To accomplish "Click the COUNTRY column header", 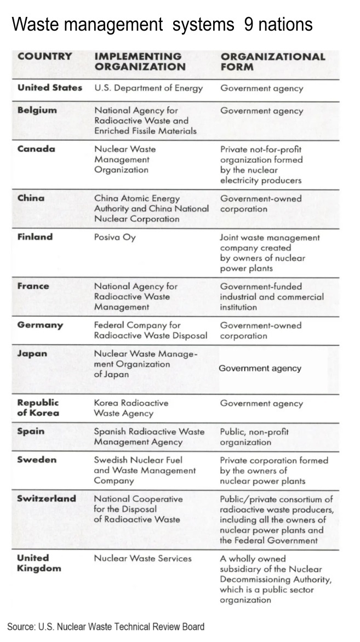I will (x=44, y=56).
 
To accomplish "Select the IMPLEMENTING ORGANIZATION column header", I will (x=140, y=61).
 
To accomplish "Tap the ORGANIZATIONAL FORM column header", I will (x=272, y=61).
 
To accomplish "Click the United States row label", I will (x=49, y=88).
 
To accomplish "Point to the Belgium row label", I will (x=37, y=110).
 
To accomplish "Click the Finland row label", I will (x=35, y=237).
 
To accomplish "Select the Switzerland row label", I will (x=47, y=498).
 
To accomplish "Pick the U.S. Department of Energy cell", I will (x=148, y=88).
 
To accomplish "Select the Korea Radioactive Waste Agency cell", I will (x=131, y=408).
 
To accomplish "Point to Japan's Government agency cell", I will (x=260, y=368).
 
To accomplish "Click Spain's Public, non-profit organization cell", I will (x=254, y=437).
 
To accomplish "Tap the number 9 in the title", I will (x=249, y=25).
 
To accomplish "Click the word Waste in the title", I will (x=33, y=25).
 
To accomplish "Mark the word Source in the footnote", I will (x=21, y=627).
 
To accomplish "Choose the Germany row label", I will (x=40, y=325).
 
